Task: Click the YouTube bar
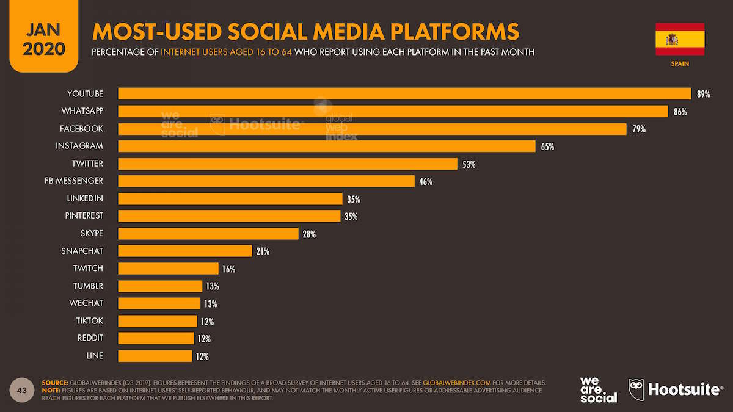pyautogui.click(x=404, y=93)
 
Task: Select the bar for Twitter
pyautogui.click(x=287, y=164)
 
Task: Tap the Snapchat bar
pyautogui.click(x=184, y=251)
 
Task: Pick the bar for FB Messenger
pyautogui.click(x=266, y=181)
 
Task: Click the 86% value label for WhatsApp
pyautogui.click(x=680, y=112)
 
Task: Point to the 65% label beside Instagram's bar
pyautogui.click(x=547, y=146)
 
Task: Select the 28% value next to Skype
pyautogui.click(x=308, y=234)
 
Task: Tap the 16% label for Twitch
pyautogui.click(x=228, y=269)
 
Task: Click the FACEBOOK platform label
pyautogui.click(x=81, y=129)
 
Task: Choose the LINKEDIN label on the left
pyautogui.click(x=84, y=198)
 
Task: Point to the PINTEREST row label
pyautogui.click(x=84, y=216)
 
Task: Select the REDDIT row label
pyautogui.click(x=90, y=338)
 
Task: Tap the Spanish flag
pyautogui.click(x=679, y=39)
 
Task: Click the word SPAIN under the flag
pyautogui.click(x=680, y=63)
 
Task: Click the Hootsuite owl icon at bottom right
pyautogui.click(x=636, y=389)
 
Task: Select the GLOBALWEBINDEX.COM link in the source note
pyautogui.click(x=456, y=383)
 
